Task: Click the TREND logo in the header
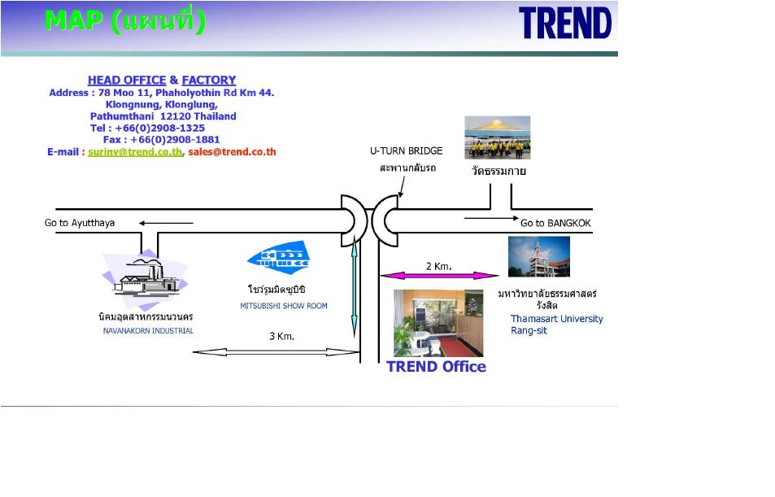(x=565, y=23)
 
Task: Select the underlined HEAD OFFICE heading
(x=127, y=80)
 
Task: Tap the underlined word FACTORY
(x=208, y=80)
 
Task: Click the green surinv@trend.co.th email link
(x=135, y=152)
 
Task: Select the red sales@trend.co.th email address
(x=232, y=152)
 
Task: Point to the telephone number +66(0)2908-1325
(x=159, y=128)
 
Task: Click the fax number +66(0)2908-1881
(x=175, y=140)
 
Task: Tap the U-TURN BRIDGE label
(x=407, y=150)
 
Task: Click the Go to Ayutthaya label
(x=80, y=223)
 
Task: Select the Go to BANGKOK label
(x=555, y=223)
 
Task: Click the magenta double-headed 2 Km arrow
(x=439, y=276)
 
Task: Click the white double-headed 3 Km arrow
(x=276, y=352)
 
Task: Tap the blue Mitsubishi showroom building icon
(x=279, y=258)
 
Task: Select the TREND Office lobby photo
(x=438, y=324)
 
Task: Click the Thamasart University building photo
(x=538, y=257)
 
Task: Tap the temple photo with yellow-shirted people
(x=497, y=137)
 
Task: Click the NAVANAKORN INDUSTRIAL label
(x=148, y=331)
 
